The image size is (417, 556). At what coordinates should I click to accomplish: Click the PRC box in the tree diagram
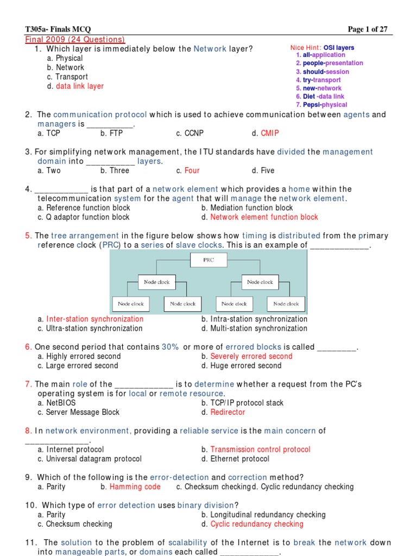(x=208, y=260)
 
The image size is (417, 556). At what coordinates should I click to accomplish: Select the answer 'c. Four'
(x=188, y=170)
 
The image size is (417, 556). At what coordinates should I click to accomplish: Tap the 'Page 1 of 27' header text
(x=368, y=29)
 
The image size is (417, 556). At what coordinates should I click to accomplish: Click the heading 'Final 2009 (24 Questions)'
(x=75, y=40)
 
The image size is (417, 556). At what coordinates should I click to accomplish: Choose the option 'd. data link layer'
(x=75, y=86)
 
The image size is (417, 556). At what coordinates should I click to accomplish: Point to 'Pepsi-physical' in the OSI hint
(x=321, y=105)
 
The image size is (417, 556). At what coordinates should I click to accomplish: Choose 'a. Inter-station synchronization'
(x=91, y=319)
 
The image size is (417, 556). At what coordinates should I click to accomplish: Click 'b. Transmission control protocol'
(x=256, y=450)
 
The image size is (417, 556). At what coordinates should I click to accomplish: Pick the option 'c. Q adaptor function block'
(x=84, y=217)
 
